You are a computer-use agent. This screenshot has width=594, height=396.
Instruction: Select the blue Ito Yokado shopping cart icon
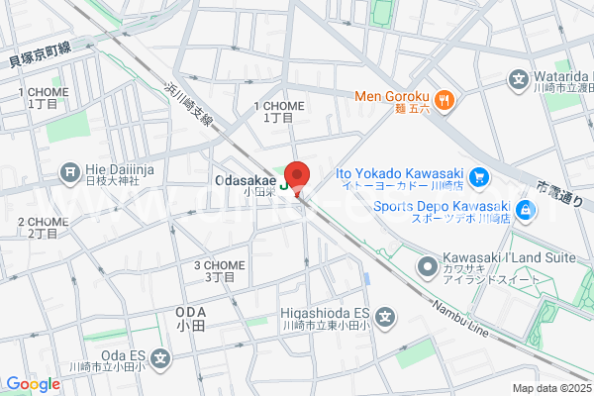(478, 178)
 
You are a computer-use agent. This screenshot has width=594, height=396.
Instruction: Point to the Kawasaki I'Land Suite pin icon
(428, 265)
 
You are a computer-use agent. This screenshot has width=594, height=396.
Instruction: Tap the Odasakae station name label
(245, 180)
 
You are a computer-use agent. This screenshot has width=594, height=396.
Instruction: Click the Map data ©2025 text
(551, 389)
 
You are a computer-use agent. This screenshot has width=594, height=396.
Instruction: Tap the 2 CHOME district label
(43, 222)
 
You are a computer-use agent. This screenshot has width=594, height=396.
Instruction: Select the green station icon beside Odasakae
(287, 182)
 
